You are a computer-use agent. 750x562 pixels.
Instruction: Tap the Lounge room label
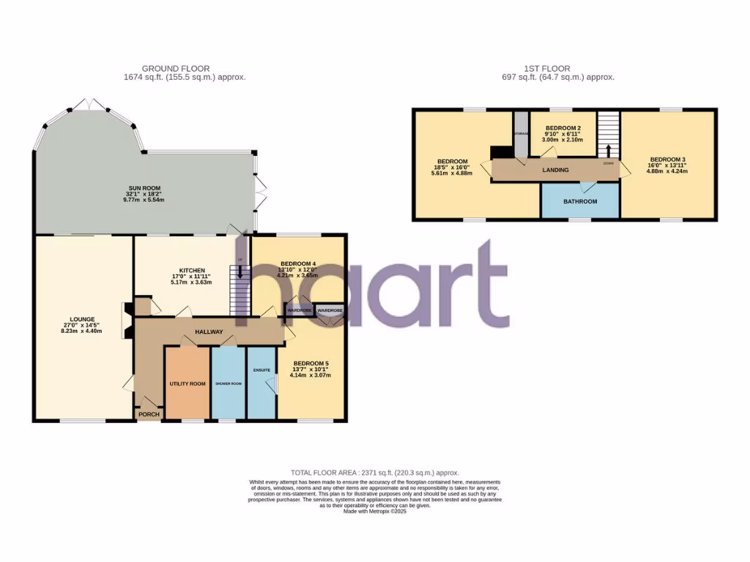[x=81, y=320]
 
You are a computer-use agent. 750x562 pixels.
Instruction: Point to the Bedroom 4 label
[x=297, y=264]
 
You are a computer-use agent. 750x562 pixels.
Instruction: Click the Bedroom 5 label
[x=311, y=364]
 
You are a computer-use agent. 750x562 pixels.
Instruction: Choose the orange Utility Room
[x=187, y=383]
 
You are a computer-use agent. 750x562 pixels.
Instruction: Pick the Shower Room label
[x=228, y=383]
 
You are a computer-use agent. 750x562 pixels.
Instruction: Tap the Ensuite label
[x=261, y=370]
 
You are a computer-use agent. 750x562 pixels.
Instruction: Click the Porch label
[x=149, y=414]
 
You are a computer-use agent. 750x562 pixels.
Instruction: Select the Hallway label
[x=208, y=332]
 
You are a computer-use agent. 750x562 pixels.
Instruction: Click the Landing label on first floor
[x=555, y=170]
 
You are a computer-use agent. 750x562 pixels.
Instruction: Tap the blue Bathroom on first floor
[x=580, y=201]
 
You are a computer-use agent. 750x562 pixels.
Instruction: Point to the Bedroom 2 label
[x=563, y=128]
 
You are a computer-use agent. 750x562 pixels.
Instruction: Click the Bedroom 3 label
[x=667, y=160]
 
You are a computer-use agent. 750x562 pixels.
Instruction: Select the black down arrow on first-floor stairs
[x=608, y=151]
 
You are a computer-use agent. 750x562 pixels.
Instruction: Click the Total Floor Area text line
[x=374, y=473]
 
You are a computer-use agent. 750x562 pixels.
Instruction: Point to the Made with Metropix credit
[x=374, y=511]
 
